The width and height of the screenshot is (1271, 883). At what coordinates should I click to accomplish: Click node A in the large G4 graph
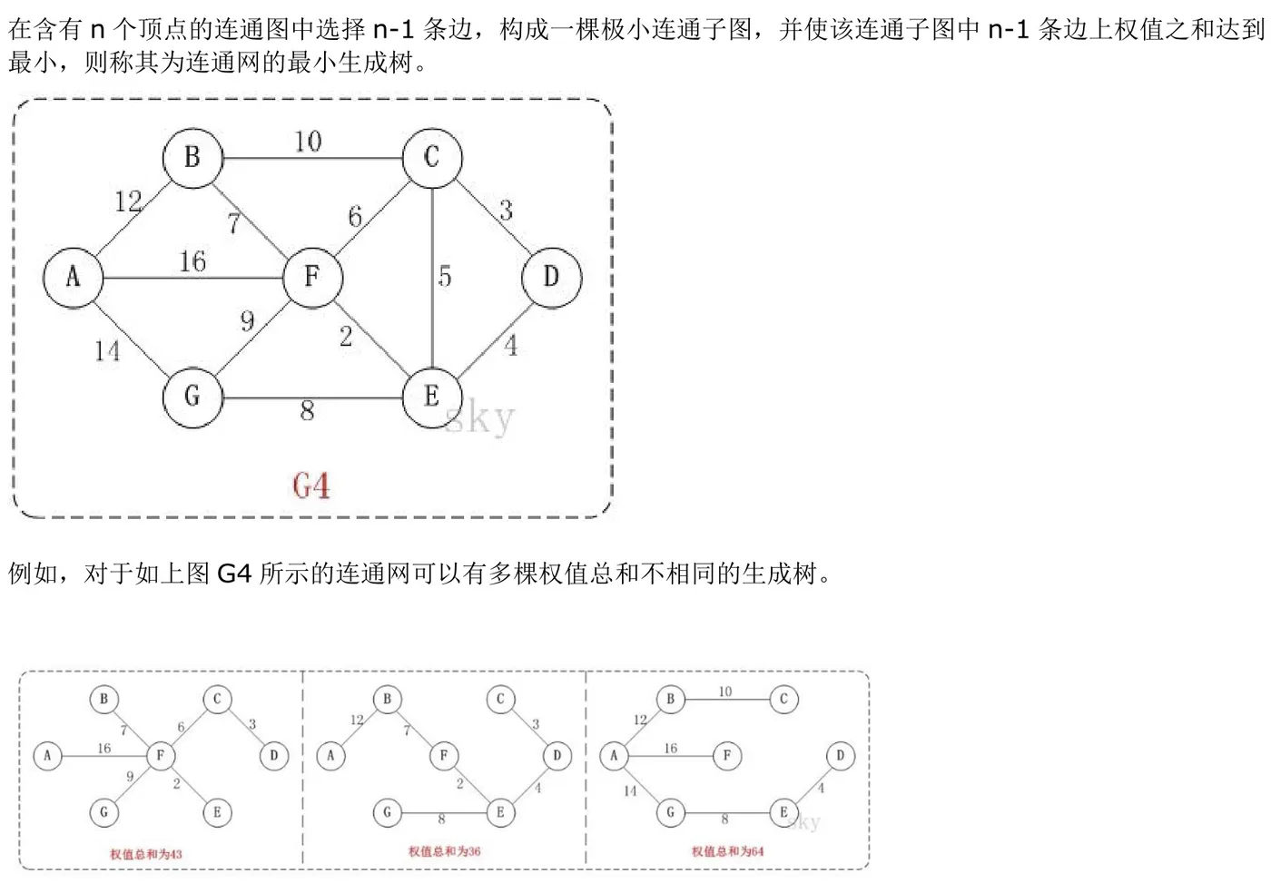(x=73, y=277)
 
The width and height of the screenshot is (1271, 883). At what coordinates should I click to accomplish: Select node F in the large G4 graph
(x=312, y=276)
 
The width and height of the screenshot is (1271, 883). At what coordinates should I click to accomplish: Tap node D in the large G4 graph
(x=551, y=277)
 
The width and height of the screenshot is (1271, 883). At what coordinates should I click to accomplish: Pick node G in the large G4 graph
(x=192, y=397)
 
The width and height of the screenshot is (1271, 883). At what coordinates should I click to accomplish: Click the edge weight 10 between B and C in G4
(x=308, y=142)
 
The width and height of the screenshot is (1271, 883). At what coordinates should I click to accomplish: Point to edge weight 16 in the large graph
(x=192, y=262)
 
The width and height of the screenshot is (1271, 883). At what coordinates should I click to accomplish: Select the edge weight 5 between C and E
(x=444, y=276)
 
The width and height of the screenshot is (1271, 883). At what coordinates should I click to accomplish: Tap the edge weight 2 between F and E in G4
(x=346, y=337)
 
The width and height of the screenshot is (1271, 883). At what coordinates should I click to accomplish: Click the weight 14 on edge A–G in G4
(x=107, y=350)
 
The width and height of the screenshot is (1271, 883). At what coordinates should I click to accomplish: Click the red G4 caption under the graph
(x=310, y=486)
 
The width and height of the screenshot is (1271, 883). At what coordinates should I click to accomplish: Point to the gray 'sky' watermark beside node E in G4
(x=481, y=418)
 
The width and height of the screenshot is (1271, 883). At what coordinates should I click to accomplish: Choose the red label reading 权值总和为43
(x=145, y=854)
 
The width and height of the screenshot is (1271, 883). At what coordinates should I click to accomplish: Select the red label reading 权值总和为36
(x=444, y=851)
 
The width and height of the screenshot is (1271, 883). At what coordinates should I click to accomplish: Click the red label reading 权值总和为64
(x=727, y=851)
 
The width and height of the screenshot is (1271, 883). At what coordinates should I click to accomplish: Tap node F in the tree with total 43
(x=161, y=755)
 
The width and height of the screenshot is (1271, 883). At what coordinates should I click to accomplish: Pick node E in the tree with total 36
(x=500, y=812)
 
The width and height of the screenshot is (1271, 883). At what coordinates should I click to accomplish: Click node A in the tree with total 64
(x=614, y=755)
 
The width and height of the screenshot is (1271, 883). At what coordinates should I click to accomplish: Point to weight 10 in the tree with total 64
(x=724, y=692)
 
